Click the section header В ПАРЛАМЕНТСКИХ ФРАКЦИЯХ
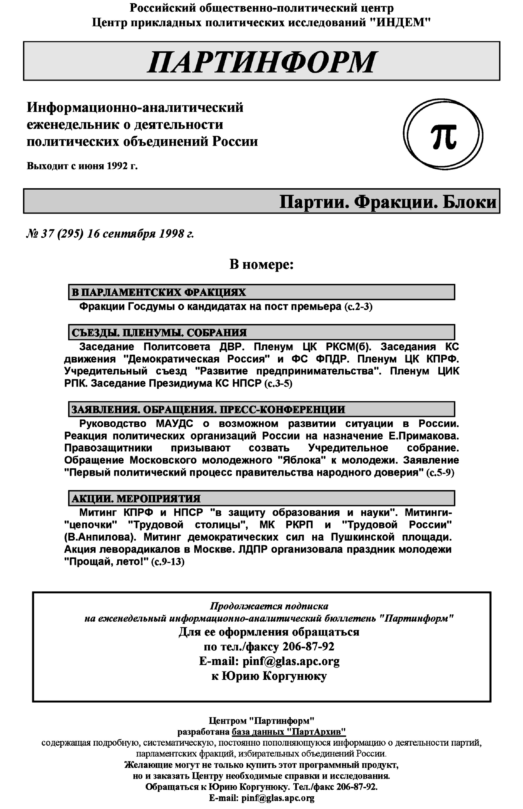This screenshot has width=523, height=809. pyautogui.click(x=159, y=292)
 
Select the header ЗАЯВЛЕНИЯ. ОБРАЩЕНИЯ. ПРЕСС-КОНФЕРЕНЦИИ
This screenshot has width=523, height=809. pyautogui.click(x=208, y=409)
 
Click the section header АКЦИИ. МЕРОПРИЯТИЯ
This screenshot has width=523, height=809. pyautogui.click(x=136, y=498)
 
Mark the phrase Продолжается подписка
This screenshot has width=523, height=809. pyautogui.click(x=269, y=606)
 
